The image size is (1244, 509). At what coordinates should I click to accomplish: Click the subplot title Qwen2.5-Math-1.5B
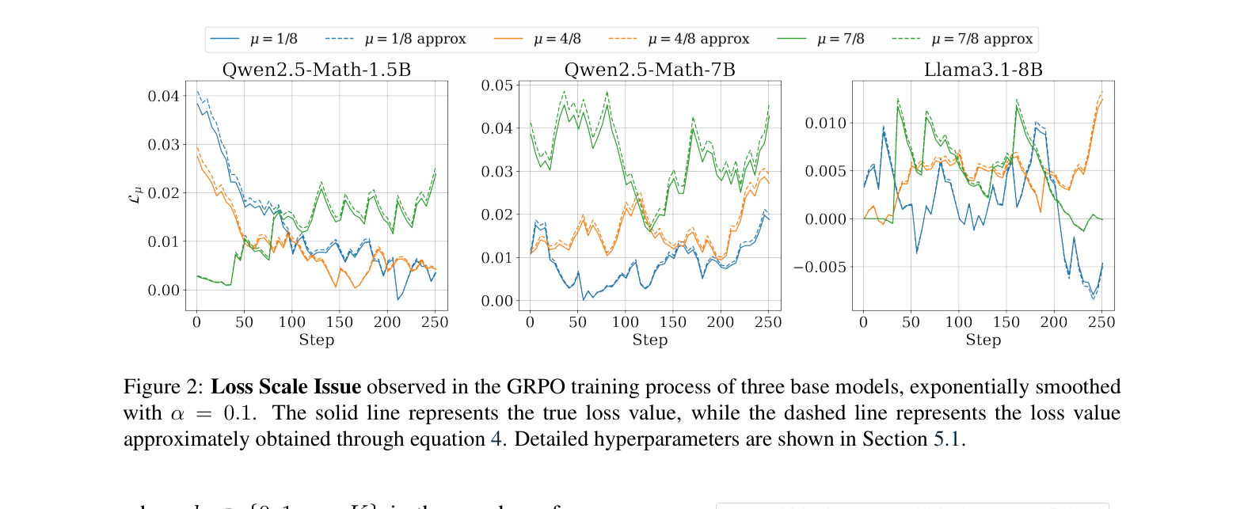(317, 70)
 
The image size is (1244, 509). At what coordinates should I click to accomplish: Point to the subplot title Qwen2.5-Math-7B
(649, 70)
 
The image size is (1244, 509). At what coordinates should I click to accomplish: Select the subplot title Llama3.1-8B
(983, 70)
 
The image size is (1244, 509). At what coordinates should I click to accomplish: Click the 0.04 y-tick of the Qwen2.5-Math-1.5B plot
(164, 97)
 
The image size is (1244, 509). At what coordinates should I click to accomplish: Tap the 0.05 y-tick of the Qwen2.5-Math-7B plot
(497, 85)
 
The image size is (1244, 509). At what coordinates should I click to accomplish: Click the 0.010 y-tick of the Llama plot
(825, 123)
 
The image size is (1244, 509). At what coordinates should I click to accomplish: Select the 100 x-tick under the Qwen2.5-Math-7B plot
(625, 322)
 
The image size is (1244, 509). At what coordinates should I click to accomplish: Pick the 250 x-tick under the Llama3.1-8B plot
(1101, 322)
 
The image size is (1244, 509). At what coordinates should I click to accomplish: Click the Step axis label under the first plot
(317, 340)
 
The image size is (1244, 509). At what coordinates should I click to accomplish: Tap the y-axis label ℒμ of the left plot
(135, 195)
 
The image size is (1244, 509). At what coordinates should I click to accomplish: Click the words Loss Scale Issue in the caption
(286, 386)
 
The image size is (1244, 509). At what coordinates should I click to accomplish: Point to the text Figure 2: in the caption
(163, 386)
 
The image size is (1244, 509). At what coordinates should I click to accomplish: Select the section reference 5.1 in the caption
(947, 439)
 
